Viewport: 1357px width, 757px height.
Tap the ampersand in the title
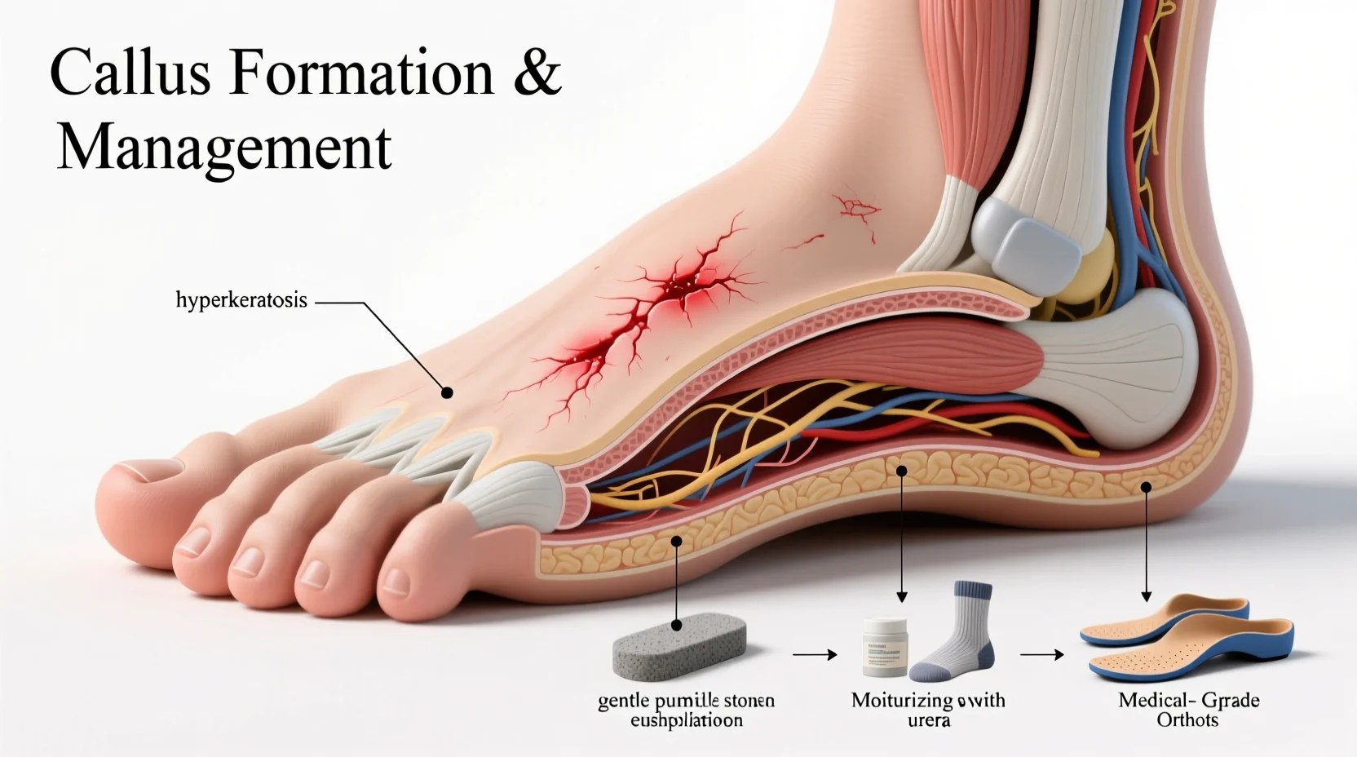(x=538, y=73)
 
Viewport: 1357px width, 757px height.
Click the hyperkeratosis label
(x=241, y=300)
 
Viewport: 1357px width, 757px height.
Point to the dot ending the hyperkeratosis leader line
(x=446, y=393)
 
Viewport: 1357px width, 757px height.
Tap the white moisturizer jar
(x=885, y=647)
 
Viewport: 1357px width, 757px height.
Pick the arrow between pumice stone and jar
(x=815, y=654)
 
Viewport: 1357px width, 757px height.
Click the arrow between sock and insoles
(x=1042, y=654)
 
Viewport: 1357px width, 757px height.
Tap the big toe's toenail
(x=147, y=467)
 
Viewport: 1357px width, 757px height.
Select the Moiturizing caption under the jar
(x=928, y=710)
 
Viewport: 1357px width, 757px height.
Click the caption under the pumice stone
(x=686, y=711)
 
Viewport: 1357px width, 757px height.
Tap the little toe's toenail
(x=396, y=581)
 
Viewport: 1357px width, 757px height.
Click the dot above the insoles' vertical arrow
(x=1146, y=488)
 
